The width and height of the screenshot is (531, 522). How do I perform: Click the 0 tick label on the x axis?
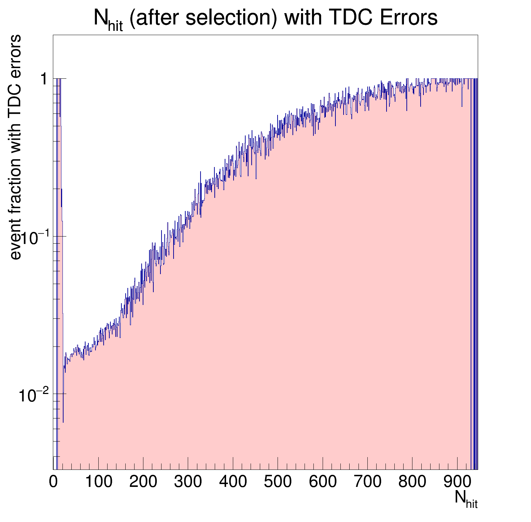click(53, 482)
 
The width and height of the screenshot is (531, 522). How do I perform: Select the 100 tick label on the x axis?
click(99, 482)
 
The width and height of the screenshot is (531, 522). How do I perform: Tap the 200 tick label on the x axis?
click(143, 482)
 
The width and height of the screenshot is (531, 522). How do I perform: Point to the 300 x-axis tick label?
click(188, 482)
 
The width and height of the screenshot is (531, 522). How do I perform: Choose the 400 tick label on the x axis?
click(233, 482)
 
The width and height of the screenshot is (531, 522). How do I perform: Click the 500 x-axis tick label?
click(278, 482)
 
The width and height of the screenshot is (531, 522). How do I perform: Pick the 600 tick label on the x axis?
click(323, 482)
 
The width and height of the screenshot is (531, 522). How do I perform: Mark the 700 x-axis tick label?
click(367, 482)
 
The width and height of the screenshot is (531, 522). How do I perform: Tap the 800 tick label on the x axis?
click(412, 482)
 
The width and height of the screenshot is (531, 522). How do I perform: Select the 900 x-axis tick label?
click(457, 482)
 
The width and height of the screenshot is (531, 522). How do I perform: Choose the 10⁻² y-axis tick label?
click(33, 395)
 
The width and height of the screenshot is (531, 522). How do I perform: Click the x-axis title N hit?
click(466, 499)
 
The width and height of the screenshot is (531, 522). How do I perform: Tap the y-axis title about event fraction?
click(16, 147)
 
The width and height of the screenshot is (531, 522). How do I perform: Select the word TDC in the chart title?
click(348, 18)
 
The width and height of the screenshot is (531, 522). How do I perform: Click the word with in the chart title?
click(300, 18)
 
